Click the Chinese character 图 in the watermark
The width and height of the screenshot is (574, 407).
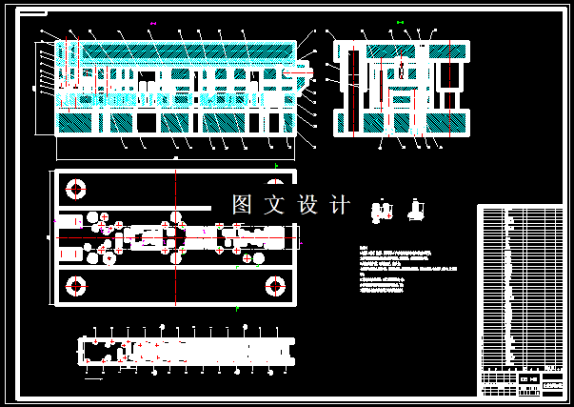coord(243,204)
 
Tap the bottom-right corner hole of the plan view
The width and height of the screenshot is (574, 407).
coord(276,285)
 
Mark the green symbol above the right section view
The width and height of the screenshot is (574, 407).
coord(400,22)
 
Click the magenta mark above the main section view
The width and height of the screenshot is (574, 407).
coord(153,22)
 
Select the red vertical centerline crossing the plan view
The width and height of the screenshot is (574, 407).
coord(176,238)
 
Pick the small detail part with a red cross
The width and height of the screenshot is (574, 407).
coord(382,211)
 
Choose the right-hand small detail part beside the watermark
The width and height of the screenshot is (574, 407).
coord(416,211)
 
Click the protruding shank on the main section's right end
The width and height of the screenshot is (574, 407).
coord(299,69)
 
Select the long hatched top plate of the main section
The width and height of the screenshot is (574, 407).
coord(176,49)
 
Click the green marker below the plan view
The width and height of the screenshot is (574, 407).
coord(236,309)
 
